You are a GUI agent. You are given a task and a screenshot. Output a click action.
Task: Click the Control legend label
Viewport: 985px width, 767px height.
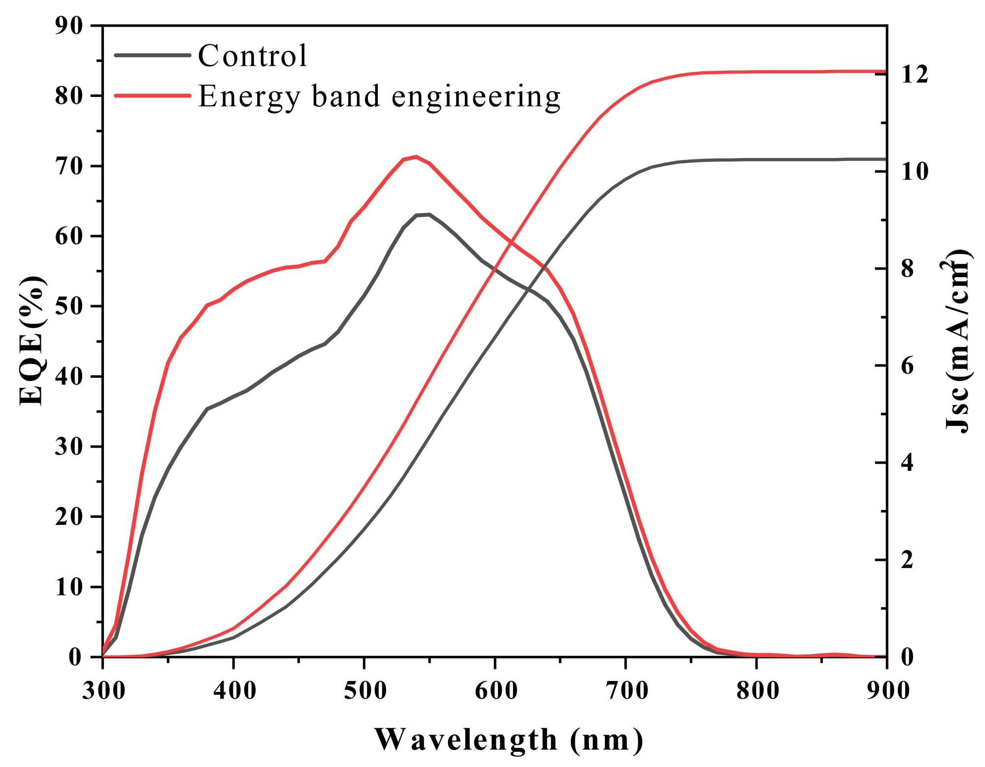(x=253, y=55)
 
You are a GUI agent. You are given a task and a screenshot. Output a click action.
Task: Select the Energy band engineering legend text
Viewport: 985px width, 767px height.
(x=379, y=96)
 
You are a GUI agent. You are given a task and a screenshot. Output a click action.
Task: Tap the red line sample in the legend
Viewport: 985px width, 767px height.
(x=152, y=96)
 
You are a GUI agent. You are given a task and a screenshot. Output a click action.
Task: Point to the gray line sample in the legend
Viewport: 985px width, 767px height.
(x=152, y=55)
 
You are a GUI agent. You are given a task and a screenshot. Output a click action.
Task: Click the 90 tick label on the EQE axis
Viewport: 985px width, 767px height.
(x=69, y=26)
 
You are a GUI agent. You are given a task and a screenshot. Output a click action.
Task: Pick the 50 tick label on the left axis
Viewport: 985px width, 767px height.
(x=69, y=306)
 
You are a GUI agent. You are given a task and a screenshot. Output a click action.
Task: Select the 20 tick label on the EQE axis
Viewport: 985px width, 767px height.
(x=69, y=517)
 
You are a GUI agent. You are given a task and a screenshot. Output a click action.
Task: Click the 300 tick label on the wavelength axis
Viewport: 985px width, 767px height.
(x=103, y=691)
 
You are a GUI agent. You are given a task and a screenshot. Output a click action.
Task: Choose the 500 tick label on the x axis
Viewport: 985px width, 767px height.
(x=365, y=691)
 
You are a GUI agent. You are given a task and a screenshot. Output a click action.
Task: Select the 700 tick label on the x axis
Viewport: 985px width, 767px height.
(x=626, y=691)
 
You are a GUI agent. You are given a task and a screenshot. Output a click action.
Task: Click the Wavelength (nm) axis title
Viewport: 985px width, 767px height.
(x=509, y=740)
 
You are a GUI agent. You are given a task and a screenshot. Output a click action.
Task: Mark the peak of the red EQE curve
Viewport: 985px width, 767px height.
(x=416, y=156)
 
